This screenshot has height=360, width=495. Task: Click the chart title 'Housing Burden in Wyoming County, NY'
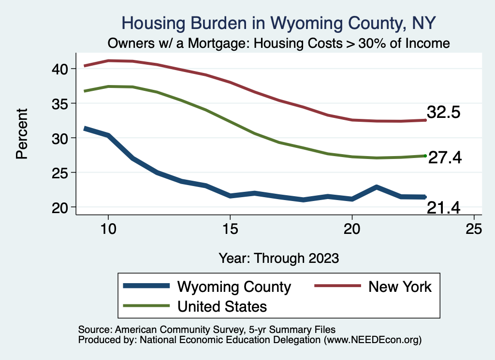pyautogui.click(x=279, y=22)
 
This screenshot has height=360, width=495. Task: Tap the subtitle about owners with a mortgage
pyautogui.click(x=279, y=43)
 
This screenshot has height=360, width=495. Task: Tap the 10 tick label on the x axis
pyautogui.click(x=108, y=229)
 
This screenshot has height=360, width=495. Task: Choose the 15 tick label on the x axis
pyautogui.click(x=230, y=229)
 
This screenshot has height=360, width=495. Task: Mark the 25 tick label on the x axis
pyautogui.click(x=474, y=229)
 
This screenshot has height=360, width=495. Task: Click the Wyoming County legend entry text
pyautogui.click(x=234, y=287)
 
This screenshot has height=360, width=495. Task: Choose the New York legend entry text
pyautogui.click(x=400, y=287)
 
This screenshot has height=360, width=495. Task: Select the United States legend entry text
pyautogui.click(x=222, y=306)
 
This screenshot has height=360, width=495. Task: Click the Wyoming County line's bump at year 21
pyautogui.click(x=376, y=187)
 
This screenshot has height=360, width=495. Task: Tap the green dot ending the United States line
pyautogui.click(x=425, y=156)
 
